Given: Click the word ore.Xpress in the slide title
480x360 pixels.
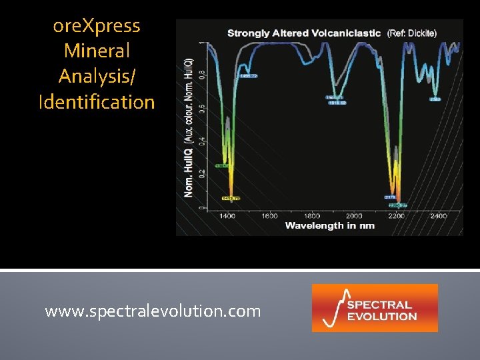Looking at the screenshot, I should click(97, 26).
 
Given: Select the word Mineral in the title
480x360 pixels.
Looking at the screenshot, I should click(97, 51).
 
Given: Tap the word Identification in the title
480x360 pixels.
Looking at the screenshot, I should click(97, 102).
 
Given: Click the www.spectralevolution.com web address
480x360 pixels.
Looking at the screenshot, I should click(153, 311).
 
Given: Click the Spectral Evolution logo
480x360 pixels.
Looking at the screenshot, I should click(375, 308).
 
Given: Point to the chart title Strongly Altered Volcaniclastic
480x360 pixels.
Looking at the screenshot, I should click(304, 33).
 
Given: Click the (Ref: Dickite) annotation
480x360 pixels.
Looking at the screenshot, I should click(412, 33).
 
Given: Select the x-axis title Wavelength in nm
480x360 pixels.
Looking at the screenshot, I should click(329, 225).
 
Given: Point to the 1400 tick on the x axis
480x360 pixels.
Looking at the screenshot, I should click(227, 215).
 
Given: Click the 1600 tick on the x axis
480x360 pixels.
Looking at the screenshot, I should click(269, 215).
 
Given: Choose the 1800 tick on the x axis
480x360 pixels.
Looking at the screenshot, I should click(311, 215).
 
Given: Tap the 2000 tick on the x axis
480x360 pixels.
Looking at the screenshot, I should click(353, 215).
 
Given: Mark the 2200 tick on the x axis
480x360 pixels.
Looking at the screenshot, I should click(395, 215).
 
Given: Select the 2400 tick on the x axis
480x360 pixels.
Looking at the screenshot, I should click(437, 215).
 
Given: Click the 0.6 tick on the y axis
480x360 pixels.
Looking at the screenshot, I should click(202, 108).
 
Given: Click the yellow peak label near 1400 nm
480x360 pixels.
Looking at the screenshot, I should click(230, 199).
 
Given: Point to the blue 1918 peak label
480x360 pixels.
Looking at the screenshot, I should click(337, 103).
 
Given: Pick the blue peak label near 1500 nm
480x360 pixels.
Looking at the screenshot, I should click(247, 77).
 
